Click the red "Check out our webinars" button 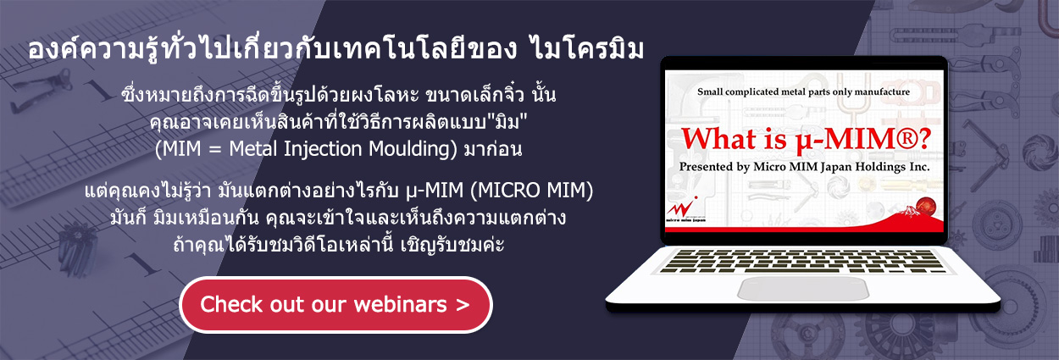pos(335,305)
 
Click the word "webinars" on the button pos(400,304)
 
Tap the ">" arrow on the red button pos(463,305)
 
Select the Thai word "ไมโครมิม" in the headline pos(587,50)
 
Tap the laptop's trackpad pos(803,288)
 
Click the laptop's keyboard pos(802,261)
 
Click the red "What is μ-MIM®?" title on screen pos(806,140)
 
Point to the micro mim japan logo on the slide pos(683,210)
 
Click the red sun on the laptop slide pos(926,207)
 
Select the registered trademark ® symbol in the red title pos(904,139)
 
